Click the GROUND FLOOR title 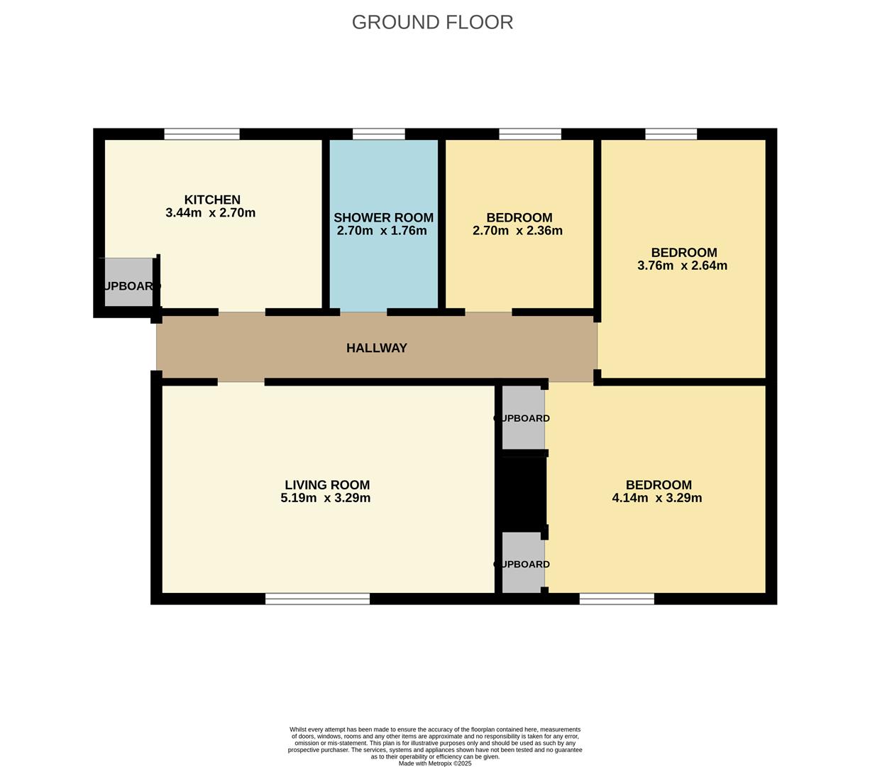(x=432, y=23)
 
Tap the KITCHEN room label (x=212, y=200)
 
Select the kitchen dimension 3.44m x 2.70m (x=210, y=213)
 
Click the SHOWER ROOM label (x=383, y=218)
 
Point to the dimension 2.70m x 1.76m (x=382, y=231)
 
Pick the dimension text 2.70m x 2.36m (x=517, y=231)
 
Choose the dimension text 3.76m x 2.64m (x=682, y=266)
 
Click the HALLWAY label (x=376, y=348)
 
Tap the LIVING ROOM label (x=327, y=485)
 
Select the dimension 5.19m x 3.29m (x=325, y=498)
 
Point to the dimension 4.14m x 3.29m (x=656, y=498)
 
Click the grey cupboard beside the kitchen (x=128, y=283)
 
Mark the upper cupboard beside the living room (x=523, y=418)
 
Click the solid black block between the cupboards (x=521, y=491)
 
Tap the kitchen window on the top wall (x=202, y=134)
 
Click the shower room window (x=378, y=134)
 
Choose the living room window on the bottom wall (x=317, y=599)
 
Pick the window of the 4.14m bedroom (x=617, y=599)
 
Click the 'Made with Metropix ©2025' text (x=434, y=763)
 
